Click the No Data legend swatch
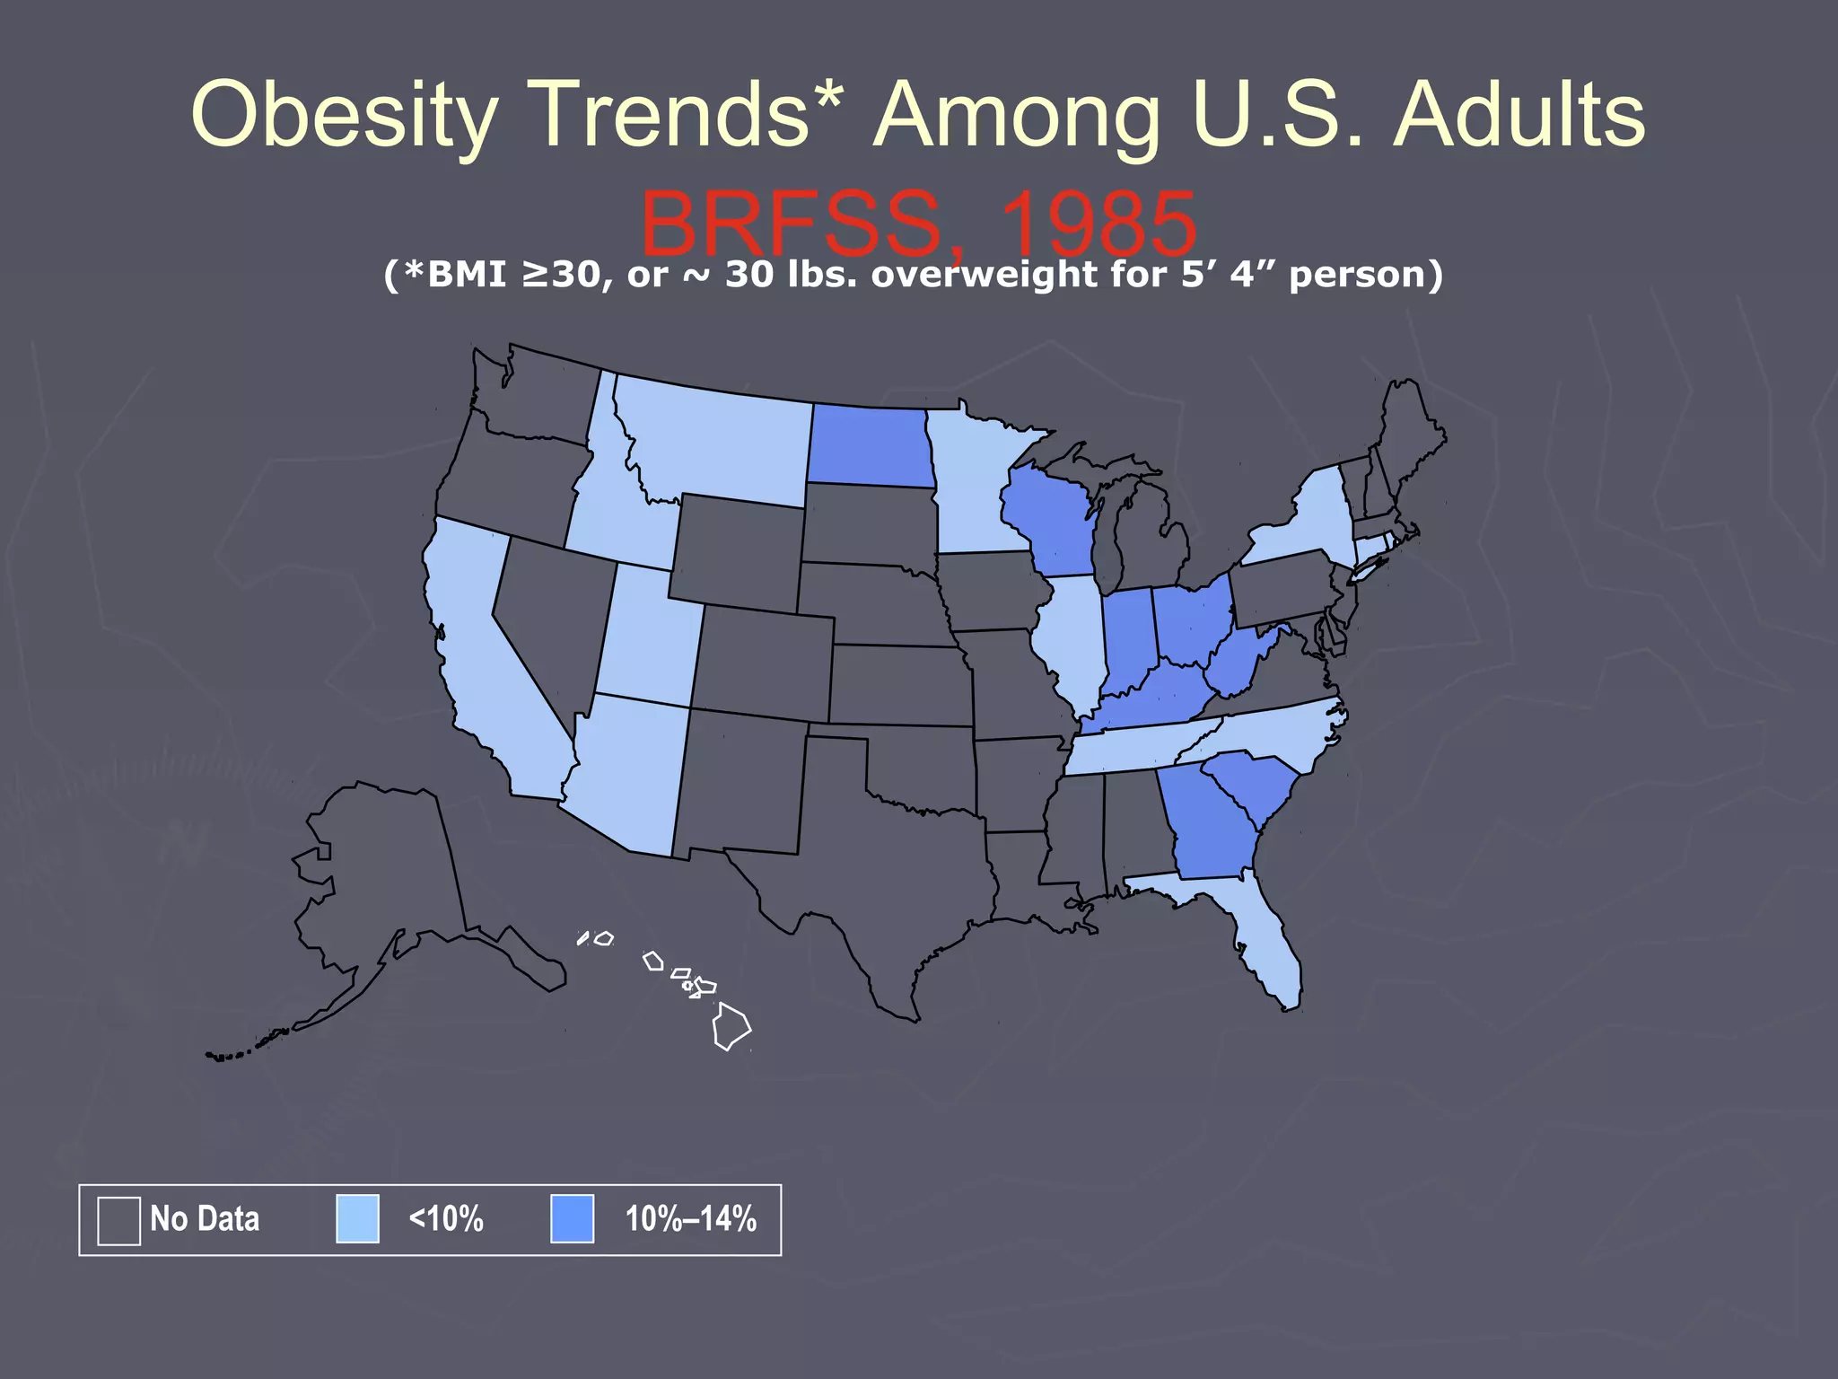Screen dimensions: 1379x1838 pyautogui.click(x=118, y=1220)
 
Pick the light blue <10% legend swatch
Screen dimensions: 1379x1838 pyautogui.click(x=357, y=1219)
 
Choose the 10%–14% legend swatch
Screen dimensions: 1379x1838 pyautogui.click(x=572, y=1219)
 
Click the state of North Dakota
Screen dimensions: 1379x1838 pyautogui.click(x=868, y=445)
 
